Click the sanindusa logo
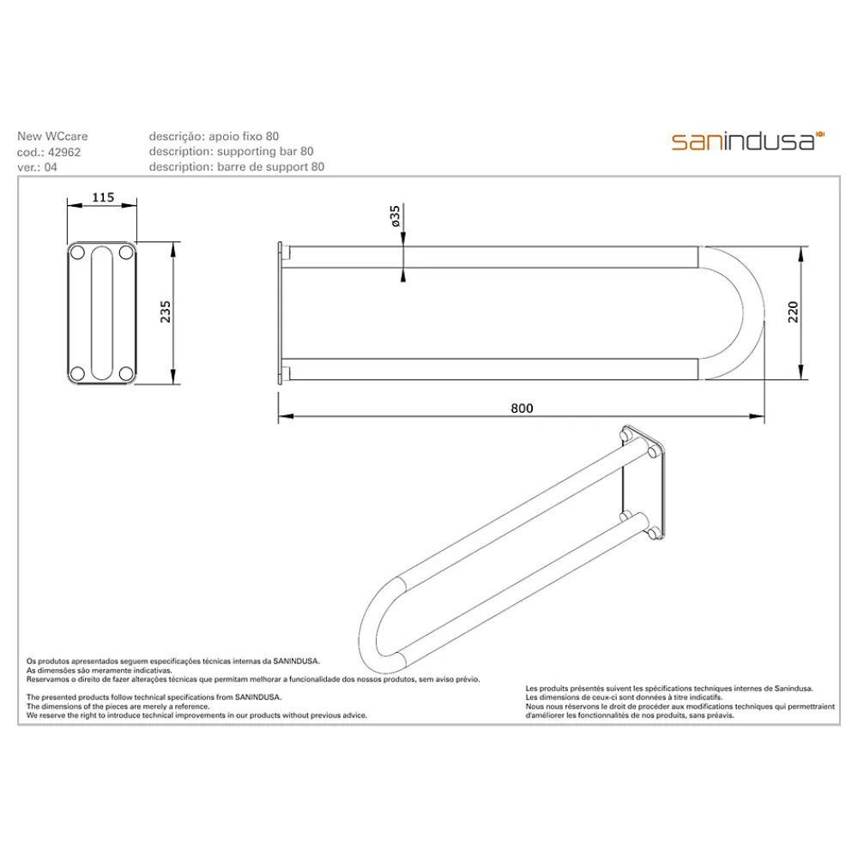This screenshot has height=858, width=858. [747, 142]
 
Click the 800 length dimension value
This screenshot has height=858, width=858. [522, 408]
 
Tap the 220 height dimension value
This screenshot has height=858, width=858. [793, 312]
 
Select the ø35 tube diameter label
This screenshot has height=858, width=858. [395, 216]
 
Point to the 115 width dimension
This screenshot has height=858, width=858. [103, 197]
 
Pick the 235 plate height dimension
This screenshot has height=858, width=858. [166, 312]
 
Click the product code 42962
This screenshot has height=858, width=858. [64, 152]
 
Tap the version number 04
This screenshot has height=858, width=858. [51, 167]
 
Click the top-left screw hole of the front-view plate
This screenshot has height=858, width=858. [78, 253]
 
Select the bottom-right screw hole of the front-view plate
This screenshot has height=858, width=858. [126, 374]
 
